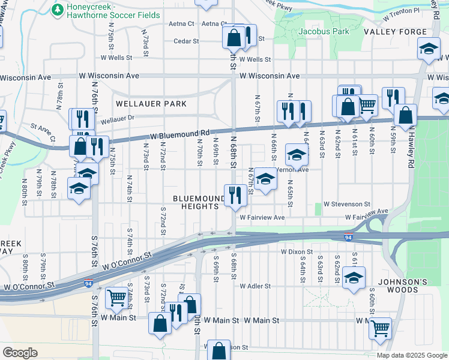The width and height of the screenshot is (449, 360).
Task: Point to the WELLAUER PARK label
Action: click(x=151, y=104)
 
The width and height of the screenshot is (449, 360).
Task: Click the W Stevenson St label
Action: click(x=347, y=205)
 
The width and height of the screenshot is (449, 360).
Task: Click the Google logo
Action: click(x=20, y=352)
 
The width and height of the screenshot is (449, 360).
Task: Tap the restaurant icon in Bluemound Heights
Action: click(x=234, y=194)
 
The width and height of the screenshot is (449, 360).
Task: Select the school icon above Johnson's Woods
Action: click(x=354, y=278)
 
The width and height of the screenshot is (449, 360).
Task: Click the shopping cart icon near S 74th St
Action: click(x=116, y=297)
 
